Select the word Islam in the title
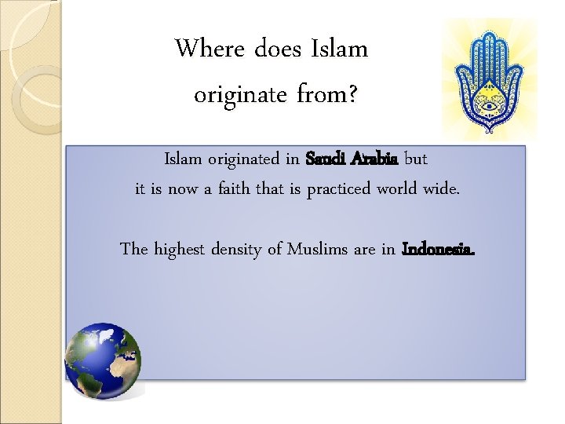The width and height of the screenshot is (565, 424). [x=340, y=49]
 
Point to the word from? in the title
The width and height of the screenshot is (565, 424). [x=328, y=96]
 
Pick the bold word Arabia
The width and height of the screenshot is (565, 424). [x=375, y=159]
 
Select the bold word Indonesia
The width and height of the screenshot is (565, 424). [x=438, y=250]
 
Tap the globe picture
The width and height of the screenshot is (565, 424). [x=103, y=360]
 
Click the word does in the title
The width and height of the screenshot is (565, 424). [x=278, y=49]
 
